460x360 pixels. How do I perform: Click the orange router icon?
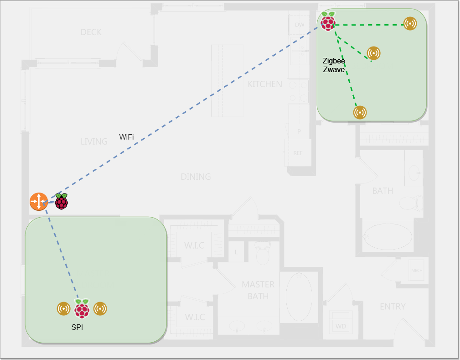(x=39, y=201)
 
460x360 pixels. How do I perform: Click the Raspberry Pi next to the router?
(x=62, y=201)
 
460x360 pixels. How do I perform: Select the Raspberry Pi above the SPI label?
(x=82, y=309)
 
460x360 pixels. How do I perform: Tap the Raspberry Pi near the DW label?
(x=328, y=21)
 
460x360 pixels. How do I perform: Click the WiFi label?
(x=126, y=137)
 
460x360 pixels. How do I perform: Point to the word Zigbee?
(x=334, y=61)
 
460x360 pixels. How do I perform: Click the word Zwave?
(x=334, y=70)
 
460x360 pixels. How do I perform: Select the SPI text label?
(x=78, y=327)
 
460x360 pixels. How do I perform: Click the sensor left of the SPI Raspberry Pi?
(x=64, y=309)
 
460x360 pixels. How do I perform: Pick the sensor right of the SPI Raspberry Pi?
(x=100, y=309)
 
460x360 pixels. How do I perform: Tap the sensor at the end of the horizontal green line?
(x=410, y=24)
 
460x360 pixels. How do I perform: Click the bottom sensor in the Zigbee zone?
(x=360, y=112)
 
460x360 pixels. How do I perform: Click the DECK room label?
(x=91, y=32)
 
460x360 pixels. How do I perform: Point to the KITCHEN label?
(x=265, y=84)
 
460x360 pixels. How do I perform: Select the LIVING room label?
(x=94, y=141)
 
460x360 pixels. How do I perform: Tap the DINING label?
(x=196, y=177)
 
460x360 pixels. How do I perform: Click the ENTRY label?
(x=393, y=307)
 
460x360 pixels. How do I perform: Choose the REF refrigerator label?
(x=298, y=153)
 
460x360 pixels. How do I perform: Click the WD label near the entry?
(x=341, y=326)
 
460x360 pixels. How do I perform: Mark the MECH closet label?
(x=417, y=270)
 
